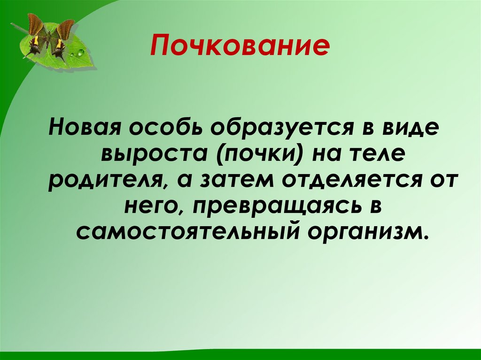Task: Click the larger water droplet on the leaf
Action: click(x=81, y=52)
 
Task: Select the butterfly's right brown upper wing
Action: click(x=65, y=29)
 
